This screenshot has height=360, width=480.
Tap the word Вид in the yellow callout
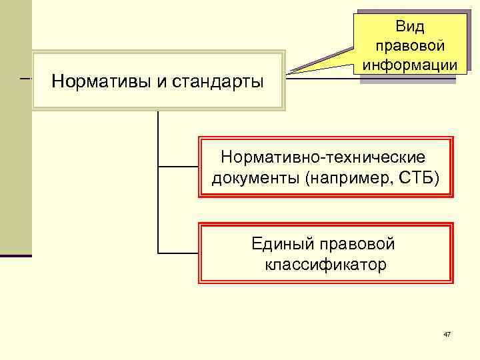(409, 26)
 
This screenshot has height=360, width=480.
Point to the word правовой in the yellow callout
(409, 46)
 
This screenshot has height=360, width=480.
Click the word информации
(409, 65)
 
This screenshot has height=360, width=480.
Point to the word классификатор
(325, 265)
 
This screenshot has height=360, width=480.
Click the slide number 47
(447, 333)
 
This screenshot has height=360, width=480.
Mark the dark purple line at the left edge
(15, 255)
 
